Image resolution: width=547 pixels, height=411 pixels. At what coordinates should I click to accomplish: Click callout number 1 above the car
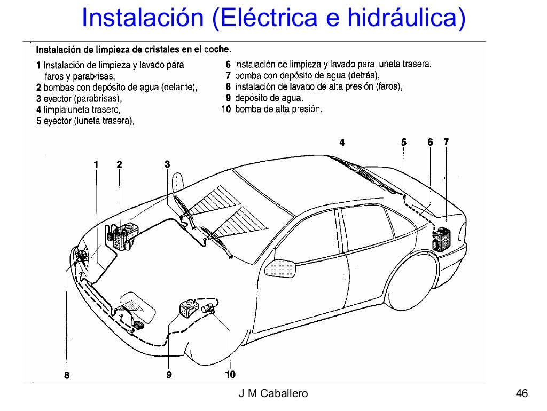(x=96, y=164)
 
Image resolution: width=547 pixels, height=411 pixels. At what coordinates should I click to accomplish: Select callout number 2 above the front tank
(x=119, y=164)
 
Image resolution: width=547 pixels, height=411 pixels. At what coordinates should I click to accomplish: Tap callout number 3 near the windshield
(x=167, y=164)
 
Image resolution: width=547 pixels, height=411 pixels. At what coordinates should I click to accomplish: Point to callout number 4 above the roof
(x=342, y=142)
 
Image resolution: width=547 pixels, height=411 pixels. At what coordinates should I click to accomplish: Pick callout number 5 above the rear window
(x=404, y=142)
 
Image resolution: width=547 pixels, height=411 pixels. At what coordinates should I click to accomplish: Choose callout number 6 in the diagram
(x=430, y=142)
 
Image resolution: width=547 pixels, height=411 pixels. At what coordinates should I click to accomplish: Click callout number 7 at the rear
(x=446, y=142)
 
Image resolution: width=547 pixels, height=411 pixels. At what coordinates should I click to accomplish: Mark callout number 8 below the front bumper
(x=67, y=375)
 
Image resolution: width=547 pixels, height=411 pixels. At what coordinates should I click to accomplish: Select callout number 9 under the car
(x=169, y=375)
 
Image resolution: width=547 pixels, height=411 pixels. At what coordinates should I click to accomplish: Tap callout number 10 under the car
(x=230, y=375)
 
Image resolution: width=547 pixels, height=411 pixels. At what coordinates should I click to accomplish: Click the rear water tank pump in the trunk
(x=441, y=239)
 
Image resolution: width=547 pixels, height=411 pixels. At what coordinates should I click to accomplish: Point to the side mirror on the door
(x=282, y=266)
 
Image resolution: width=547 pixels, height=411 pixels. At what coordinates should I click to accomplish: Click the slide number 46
(x=522, y=394)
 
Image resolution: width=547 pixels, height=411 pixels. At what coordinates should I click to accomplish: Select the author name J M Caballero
(x=273, y=394)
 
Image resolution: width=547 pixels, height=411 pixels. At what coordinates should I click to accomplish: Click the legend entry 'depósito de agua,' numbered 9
(x=269, y=98)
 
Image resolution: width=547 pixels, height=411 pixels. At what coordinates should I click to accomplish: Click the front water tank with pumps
(x=124, y=236)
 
